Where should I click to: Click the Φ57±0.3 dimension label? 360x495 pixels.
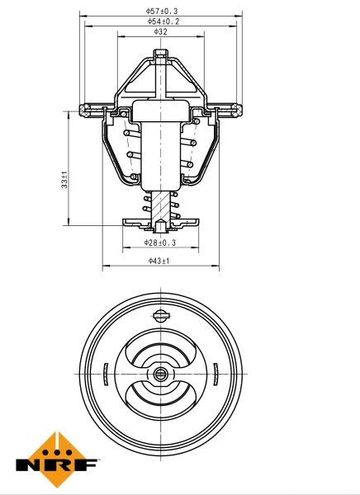tap(161, 11)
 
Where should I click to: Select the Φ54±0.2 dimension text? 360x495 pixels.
tap(161, 21)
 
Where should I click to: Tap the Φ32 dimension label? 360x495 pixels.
tap(161, 32)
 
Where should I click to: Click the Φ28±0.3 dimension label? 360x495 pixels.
tap(160, 243)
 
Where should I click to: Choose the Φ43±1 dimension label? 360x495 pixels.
tap(159, 261)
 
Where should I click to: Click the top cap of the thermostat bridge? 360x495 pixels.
tap(161, 55)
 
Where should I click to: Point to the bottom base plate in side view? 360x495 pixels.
tap(160, 223)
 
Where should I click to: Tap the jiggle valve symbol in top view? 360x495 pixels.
tap(160, 313)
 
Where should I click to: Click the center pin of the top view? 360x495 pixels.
tap(160, 375)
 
